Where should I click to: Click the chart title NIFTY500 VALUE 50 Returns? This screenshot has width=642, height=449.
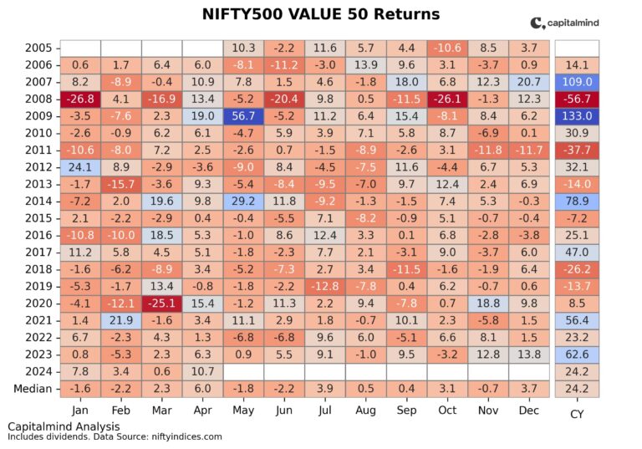tap(321, 14)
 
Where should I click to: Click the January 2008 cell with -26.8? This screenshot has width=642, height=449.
tap(80, 99)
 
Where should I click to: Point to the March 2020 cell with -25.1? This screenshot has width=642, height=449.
tap(162, 303)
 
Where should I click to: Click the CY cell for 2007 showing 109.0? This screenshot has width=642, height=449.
tap(577, 83)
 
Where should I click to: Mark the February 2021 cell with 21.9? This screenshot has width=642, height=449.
tap(121, 320)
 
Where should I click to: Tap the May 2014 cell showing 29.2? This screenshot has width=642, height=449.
tap(244, 202)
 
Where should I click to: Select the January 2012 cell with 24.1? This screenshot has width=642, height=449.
tap(80, 167)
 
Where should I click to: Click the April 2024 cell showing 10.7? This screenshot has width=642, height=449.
tap(203, 371)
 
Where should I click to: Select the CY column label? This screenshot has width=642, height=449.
tap(577, 413)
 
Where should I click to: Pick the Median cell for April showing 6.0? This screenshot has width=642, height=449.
tap(203, 388)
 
